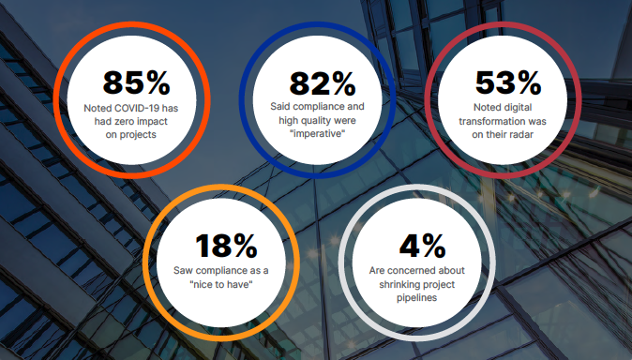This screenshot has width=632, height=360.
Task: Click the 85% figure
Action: coord(136,82)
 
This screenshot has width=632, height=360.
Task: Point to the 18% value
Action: coord(226,246)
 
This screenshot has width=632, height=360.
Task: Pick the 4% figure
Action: coord(422,246)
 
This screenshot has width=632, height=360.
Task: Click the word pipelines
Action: coord(422,297)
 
